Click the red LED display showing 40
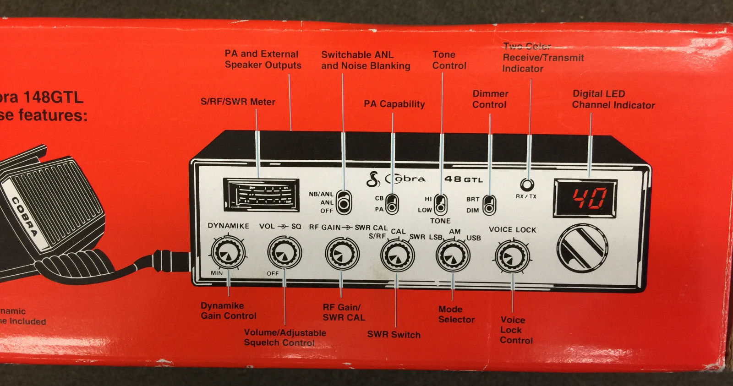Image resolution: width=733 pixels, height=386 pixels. pyautogui.click(x=585, y=198)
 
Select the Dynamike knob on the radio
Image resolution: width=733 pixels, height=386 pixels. pyautogui.click(x=228, y=253)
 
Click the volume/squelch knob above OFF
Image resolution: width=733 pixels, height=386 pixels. pyautogui.click(x=284, y=253)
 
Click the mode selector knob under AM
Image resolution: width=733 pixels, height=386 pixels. pyautogui.click(x=453, y=256)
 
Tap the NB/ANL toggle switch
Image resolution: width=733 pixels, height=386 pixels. pyautogui.click(x=343, y=202)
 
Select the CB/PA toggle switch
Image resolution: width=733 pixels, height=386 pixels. pyautogui.click(x=392, y=204)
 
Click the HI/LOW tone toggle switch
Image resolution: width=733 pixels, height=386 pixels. pyautogui.click(x=441, y=205)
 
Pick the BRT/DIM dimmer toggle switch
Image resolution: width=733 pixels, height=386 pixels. pyautogui.click(x=489, y=205)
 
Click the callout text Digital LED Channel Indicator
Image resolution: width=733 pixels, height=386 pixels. pyautogui.click(x=613, y=99)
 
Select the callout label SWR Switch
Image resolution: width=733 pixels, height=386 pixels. pyautogui.click(x=394, y=335)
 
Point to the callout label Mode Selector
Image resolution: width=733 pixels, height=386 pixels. pyautogui.click(x=456, y=315)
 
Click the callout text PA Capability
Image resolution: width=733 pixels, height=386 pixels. pyautogui.click(x=394, y=104)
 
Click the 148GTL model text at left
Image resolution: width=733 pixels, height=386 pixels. pyautogui.click(x=53, y=98)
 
